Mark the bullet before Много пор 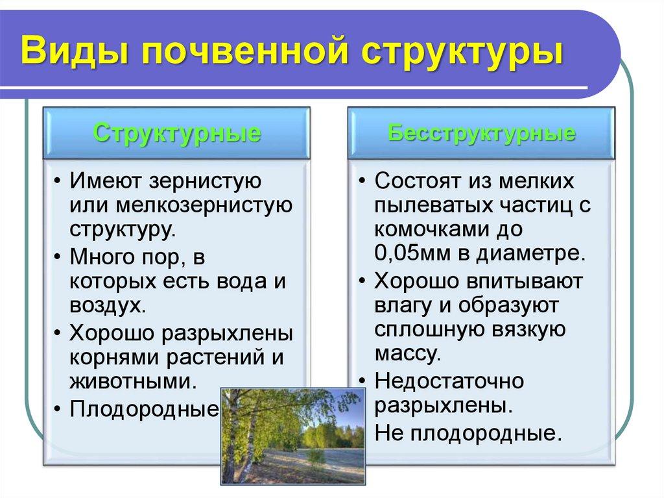point(58,257)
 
